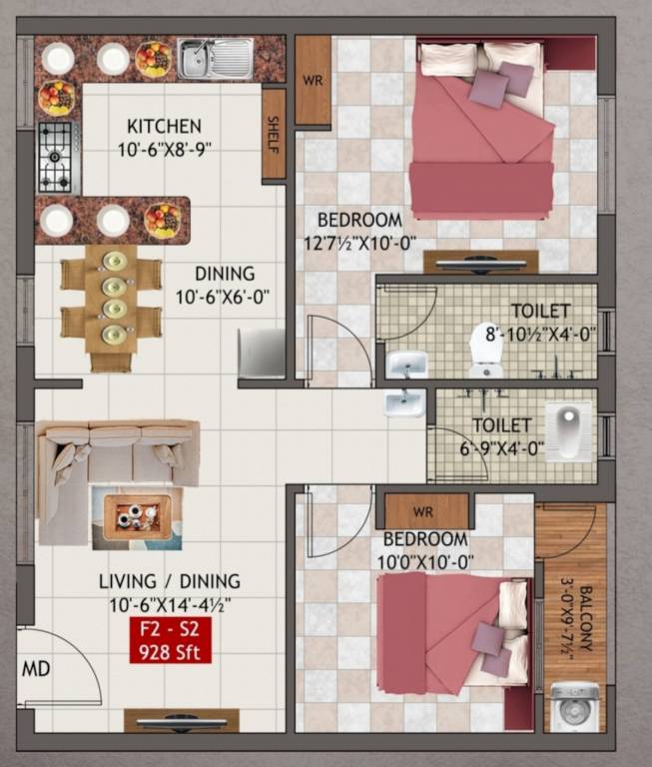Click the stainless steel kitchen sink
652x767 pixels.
(x=215, y=58)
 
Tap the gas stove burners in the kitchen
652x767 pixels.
(x=58, y=156)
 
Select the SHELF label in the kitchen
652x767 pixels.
(x=274, y=134)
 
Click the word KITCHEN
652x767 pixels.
(x=164, y=126)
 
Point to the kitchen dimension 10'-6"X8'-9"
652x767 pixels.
(x=164, y=149)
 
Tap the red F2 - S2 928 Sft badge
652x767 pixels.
(x=169, y=641)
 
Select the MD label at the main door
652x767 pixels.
(x=37, y=668)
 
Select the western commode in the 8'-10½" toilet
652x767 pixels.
(x=485, y=349)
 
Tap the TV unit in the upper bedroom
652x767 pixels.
(x=480, y=262)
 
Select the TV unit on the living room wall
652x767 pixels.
(x=181, y=721)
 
